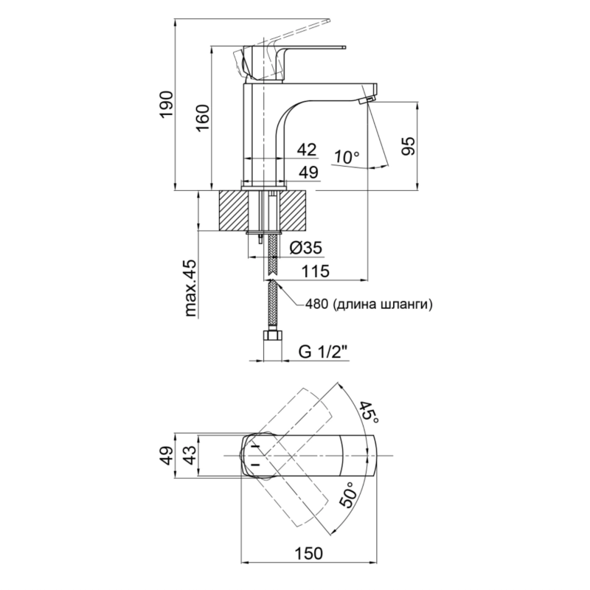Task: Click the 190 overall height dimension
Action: click(166, 104)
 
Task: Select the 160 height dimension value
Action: click(203, 118)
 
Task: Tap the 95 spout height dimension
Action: click(409, 146)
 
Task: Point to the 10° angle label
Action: click(347, 157)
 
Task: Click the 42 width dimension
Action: click(307, 150)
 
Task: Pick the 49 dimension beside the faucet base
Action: click(308, 172)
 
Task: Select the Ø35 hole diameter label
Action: click(306, 248)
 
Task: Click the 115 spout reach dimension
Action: click(316, 271)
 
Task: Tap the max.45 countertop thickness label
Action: click(191, 288)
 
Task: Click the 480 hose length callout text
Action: click(369, 304)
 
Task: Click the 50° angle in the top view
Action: click(347, 495)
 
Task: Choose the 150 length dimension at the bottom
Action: click(308, 554)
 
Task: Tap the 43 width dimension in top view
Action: click(191, 455)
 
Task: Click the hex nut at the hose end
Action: click(272, 336)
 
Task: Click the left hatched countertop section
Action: click(233, 211)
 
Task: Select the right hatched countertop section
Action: click(294, 211)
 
